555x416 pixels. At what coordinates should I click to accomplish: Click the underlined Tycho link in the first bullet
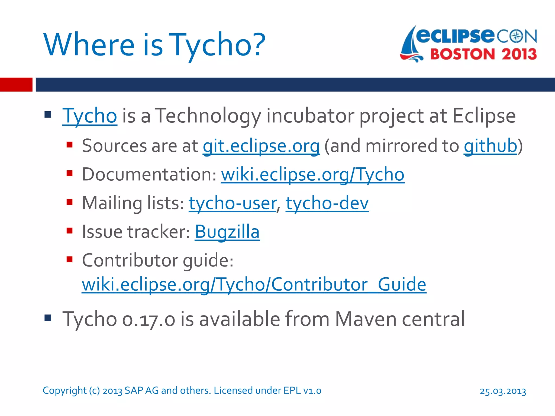(90, 116)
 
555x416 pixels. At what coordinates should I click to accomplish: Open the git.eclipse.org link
(261, 146)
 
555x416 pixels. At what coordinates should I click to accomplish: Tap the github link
(490, 146)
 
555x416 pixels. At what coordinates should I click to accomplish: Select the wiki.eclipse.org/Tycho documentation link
(312, 175)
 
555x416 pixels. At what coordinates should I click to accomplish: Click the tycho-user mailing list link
(232, 203)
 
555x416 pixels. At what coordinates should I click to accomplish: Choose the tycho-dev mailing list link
(327, 203)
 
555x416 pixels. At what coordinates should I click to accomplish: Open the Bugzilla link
(227, 232)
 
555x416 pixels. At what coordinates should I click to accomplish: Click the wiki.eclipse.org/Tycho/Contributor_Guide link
(254, 285)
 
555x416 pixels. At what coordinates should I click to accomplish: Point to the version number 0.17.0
(149, 319)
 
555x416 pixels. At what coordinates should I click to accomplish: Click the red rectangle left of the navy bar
(16, 84)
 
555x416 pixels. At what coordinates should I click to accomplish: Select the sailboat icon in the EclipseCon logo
(410, 45)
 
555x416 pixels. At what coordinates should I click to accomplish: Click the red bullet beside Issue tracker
(70, 231)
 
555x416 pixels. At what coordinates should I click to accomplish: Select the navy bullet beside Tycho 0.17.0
(48, 318)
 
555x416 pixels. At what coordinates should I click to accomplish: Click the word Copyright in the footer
(64, 391)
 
